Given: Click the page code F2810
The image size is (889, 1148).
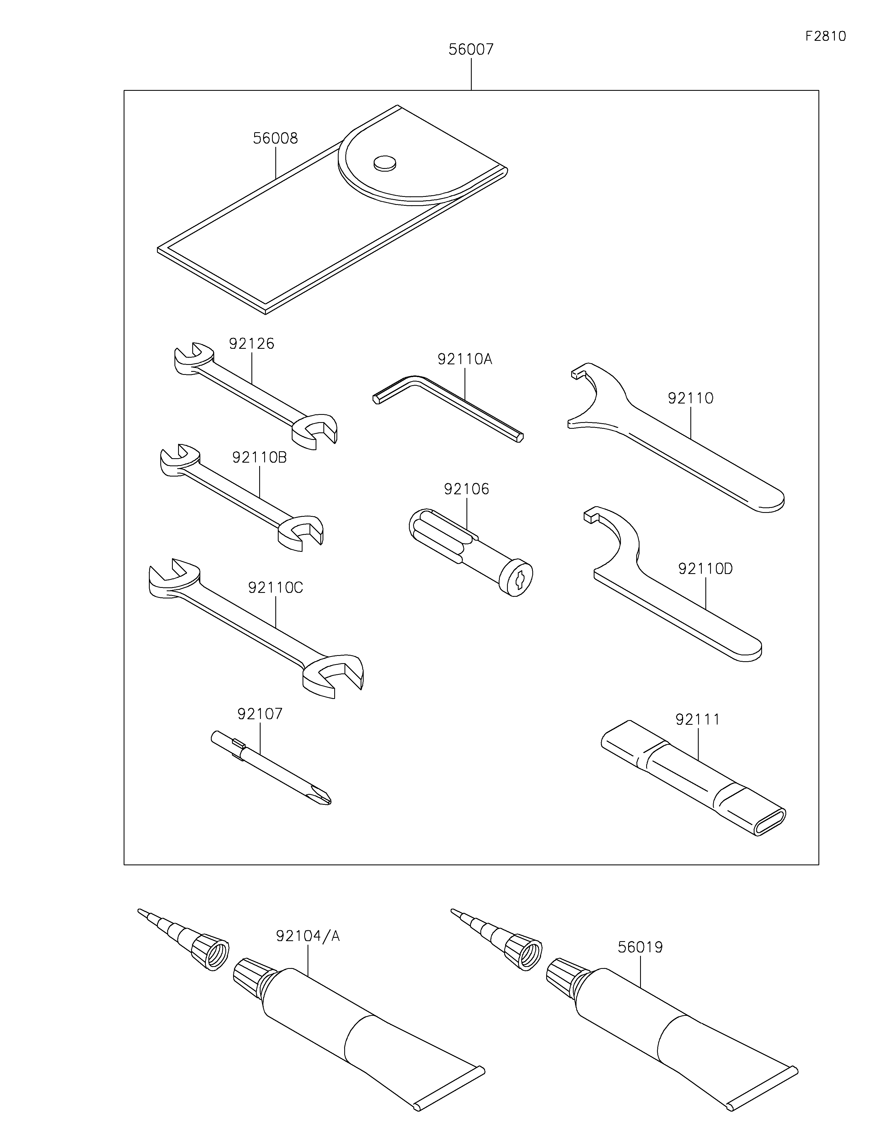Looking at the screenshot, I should coord(825,36).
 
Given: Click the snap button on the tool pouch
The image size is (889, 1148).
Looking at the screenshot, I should coord(385,164).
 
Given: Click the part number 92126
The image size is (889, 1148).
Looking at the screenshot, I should coord(251,344).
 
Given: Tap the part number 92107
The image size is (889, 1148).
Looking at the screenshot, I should coord(260,714).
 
